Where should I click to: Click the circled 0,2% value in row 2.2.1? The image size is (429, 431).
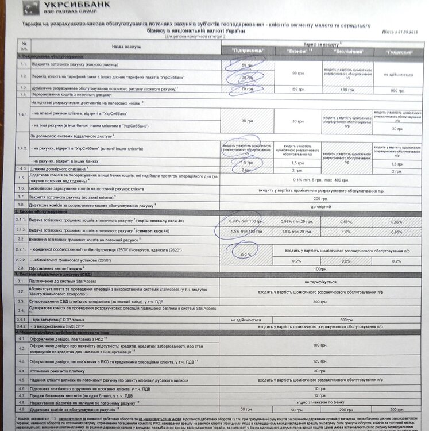[x=246, y=253]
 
